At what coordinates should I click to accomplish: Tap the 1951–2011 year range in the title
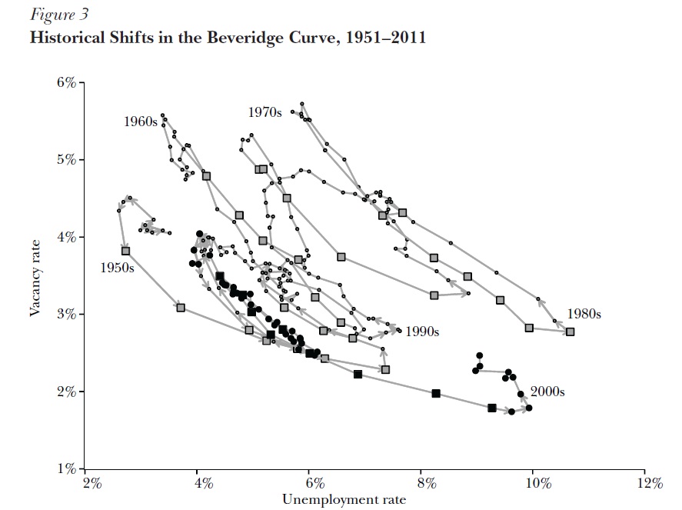click(388, 37)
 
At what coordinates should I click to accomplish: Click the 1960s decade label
click(140, 122)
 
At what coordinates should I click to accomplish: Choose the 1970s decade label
click(265, 112)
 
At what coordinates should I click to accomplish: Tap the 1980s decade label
click(584, 314)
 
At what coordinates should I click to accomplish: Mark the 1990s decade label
click(422, 332)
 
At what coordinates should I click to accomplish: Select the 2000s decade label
click(547, 392)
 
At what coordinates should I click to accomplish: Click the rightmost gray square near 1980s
click(570, 332)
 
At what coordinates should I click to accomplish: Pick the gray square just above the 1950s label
click(125, 251)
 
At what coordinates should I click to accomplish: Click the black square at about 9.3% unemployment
click(491, 408)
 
